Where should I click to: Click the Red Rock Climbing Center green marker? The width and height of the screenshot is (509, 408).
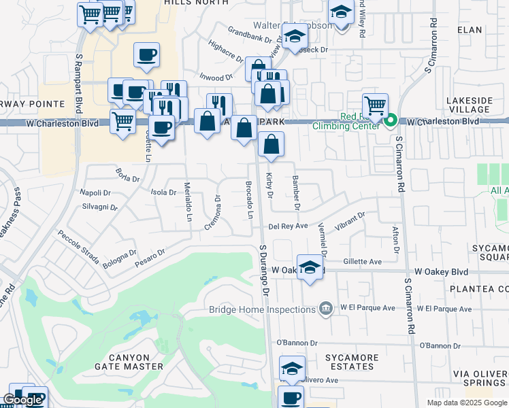[390, 122]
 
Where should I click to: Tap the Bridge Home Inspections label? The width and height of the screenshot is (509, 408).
[262, 309]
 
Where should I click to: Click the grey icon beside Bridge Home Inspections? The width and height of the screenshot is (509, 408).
[326, 309]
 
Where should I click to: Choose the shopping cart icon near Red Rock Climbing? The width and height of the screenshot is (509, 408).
[374, 105]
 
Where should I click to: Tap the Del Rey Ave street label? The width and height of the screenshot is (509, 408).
[289, 226]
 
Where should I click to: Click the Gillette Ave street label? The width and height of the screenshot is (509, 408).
[362, 261]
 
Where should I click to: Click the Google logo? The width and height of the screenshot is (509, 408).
[22, 399]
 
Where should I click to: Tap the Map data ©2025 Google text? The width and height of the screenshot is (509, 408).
[466, 403]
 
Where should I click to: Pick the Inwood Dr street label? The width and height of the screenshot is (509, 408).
[216, 78]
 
